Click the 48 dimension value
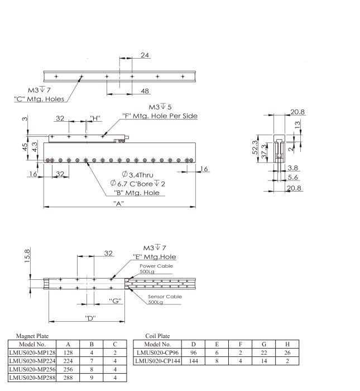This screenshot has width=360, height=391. (145, 90)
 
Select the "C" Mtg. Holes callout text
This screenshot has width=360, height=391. (39, 99)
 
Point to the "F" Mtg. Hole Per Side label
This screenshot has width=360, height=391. (160, 116)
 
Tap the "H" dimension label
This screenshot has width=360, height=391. (95, 118)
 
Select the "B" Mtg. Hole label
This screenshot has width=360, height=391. (136, 193)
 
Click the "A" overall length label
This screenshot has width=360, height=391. (118, 203)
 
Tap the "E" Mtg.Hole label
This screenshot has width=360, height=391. (155, 257)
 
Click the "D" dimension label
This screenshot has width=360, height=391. (89, 318)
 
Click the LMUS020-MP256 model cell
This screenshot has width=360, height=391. (32, 369)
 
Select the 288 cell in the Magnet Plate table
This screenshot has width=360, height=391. (68, 378)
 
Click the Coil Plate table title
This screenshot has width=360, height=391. (157, 336)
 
